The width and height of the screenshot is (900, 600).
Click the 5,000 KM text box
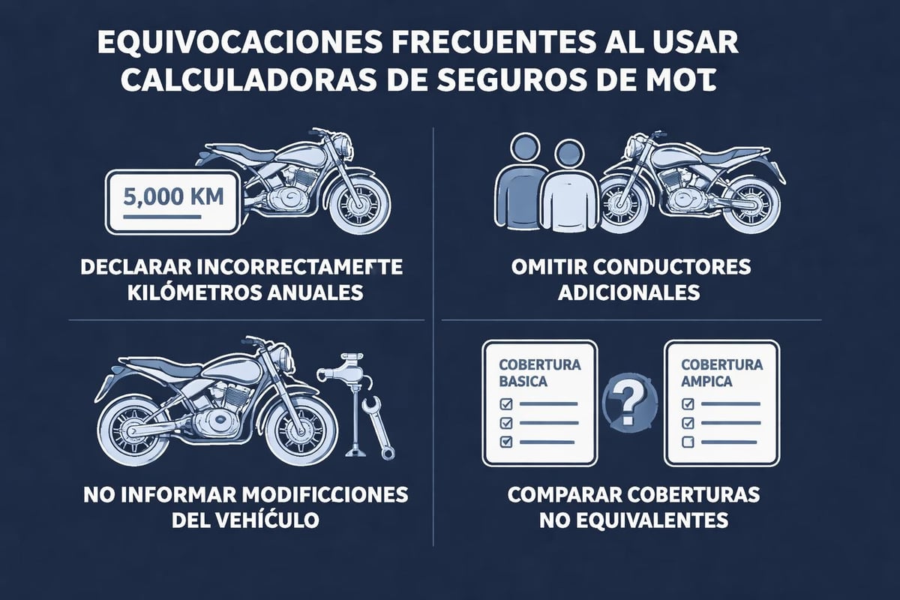173,201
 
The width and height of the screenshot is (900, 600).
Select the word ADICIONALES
628,292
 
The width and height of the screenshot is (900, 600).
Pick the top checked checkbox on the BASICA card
505,403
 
